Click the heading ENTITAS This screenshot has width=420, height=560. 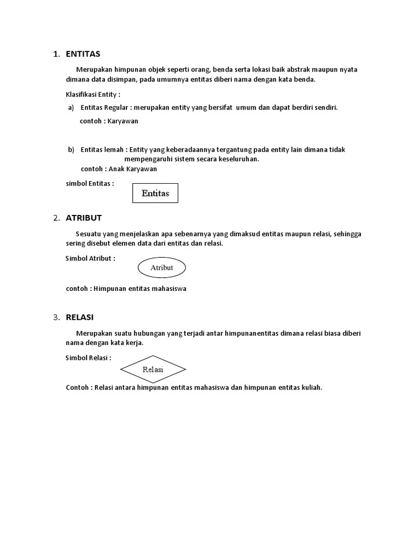(83, 54)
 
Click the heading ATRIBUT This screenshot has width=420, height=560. (84, 218)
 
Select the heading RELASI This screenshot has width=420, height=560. (80, 317)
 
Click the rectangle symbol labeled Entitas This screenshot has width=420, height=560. (155, 193)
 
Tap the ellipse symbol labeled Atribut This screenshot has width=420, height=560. (161, 268)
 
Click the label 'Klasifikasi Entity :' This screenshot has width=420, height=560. (92, 94)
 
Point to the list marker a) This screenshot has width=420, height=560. (71, 107)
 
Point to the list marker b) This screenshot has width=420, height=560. (71, 149)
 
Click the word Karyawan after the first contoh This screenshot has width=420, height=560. (123, 121)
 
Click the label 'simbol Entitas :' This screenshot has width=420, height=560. (90, 184)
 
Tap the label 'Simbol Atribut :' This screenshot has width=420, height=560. (90, 258)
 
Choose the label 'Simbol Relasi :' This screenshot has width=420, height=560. (88, 358)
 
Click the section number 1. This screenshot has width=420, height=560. (56, 54)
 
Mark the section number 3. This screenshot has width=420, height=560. (56, 317)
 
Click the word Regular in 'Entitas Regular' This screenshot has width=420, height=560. (117, 107)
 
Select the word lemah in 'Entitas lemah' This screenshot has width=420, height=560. (114, 149)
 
